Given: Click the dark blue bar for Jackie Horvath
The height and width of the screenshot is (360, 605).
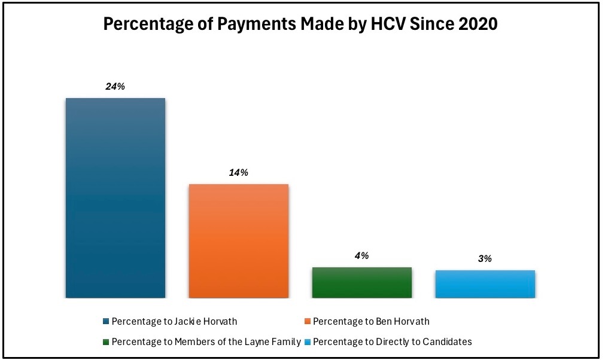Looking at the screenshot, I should click(x=115, y=197).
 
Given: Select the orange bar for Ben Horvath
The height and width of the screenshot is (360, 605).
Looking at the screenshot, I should click(x=239, y=240).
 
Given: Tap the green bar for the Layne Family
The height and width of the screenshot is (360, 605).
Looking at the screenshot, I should click(x=362, y=282).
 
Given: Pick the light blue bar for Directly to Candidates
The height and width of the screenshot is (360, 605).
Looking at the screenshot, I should click(x=485, y=284).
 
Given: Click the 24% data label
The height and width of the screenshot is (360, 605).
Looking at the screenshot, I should click(x=115, y=87).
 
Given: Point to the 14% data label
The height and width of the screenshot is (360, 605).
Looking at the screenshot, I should click(x=238, y=173).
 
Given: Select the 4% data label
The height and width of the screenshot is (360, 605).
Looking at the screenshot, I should click(x=361, y=256).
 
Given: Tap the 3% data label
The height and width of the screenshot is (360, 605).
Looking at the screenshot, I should click(x=485, y=259).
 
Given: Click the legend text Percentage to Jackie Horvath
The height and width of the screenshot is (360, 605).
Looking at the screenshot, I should click(x=174, y=322).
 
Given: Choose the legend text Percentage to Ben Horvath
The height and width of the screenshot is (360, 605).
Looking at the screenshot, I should click(x=371, y=322).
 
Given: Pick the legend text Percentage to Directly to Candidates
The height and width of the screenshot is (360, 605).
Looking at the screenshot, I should click(x=392, y=342).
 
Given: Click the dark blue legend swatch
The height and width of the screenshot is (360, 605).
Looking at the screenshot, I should click(x=106, y=322).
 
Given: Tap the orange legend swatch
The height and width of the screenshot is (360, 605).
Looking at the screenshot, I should click(x=308, y=322).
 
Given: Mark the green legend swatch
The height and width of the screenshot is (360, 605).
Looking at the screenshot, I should click(x=106, y=342).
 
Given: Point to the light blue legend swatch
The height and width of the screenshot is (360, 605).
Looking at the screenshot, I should click(x=308, y=342).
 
